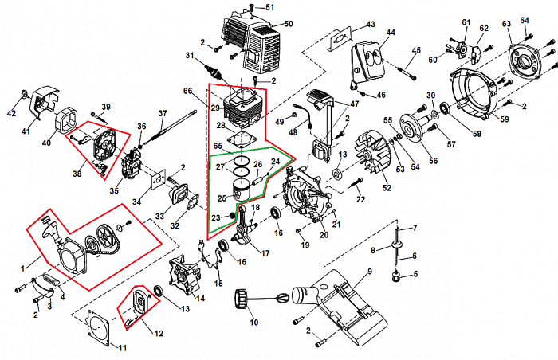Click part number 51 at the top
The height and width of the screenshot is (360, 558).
[269, 7]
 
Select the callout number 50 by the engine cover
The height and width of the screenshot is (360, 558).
[289, 23]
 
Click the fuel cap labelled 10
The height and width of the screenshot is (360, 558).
[241, 302]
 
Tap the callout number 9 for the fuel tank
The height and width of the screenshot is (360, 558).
[370, 272]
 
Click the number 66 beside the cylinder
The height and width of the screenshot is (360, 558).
[188, 92]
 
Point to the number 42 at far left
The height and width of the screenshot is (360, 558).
[11, 114]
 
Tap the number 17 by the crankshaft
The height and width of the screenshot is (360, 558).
[265, 254]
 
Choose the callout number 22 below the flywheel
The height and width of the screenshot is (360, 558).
[360, 198]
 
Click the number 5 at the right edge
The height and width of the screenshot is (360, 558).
[414, 275]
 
